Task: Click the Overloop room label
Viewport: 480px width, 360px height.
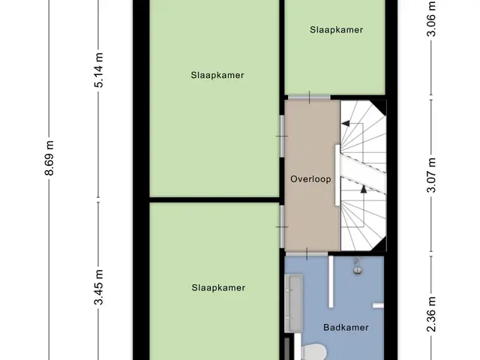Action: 310,179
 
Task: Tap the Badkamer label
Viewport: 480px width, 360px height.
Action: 346,328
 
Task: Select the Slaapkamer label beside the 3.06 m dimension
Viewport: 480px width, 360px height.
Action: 337,30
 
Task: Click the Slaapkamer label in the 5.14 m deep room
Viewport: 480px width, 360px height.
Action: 217,75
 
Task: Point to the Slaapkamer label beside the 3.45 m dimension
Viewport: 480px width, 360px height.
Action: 218,288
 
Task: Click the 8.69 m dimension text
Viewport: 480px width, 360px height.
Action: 49,158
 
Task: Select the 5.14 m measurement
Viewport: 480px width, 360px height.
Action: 98,70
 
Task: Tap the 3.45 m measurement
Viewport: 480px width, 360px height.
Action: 98,287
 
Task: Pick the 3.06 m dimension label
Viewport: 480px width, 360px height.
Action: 431,19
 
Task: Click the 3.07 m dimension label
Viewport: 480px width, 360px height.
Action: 431,175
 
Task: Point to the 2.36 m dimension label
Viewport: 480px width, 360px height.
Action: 431,314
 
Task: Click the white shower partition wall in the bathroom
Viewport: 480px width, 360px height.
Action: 331,282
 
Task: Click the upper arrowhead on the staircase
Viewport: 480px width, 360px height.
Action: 346,123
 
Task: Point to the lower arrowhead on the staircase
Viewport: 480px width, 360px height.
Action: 363,189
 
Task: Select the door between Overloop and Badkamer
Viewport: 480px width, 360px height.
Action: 307,254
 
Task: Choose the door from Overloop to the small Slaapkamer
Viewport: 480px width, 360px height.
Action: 309,97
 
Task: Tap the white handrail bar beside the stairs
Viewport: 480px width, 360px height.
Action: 337,175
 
